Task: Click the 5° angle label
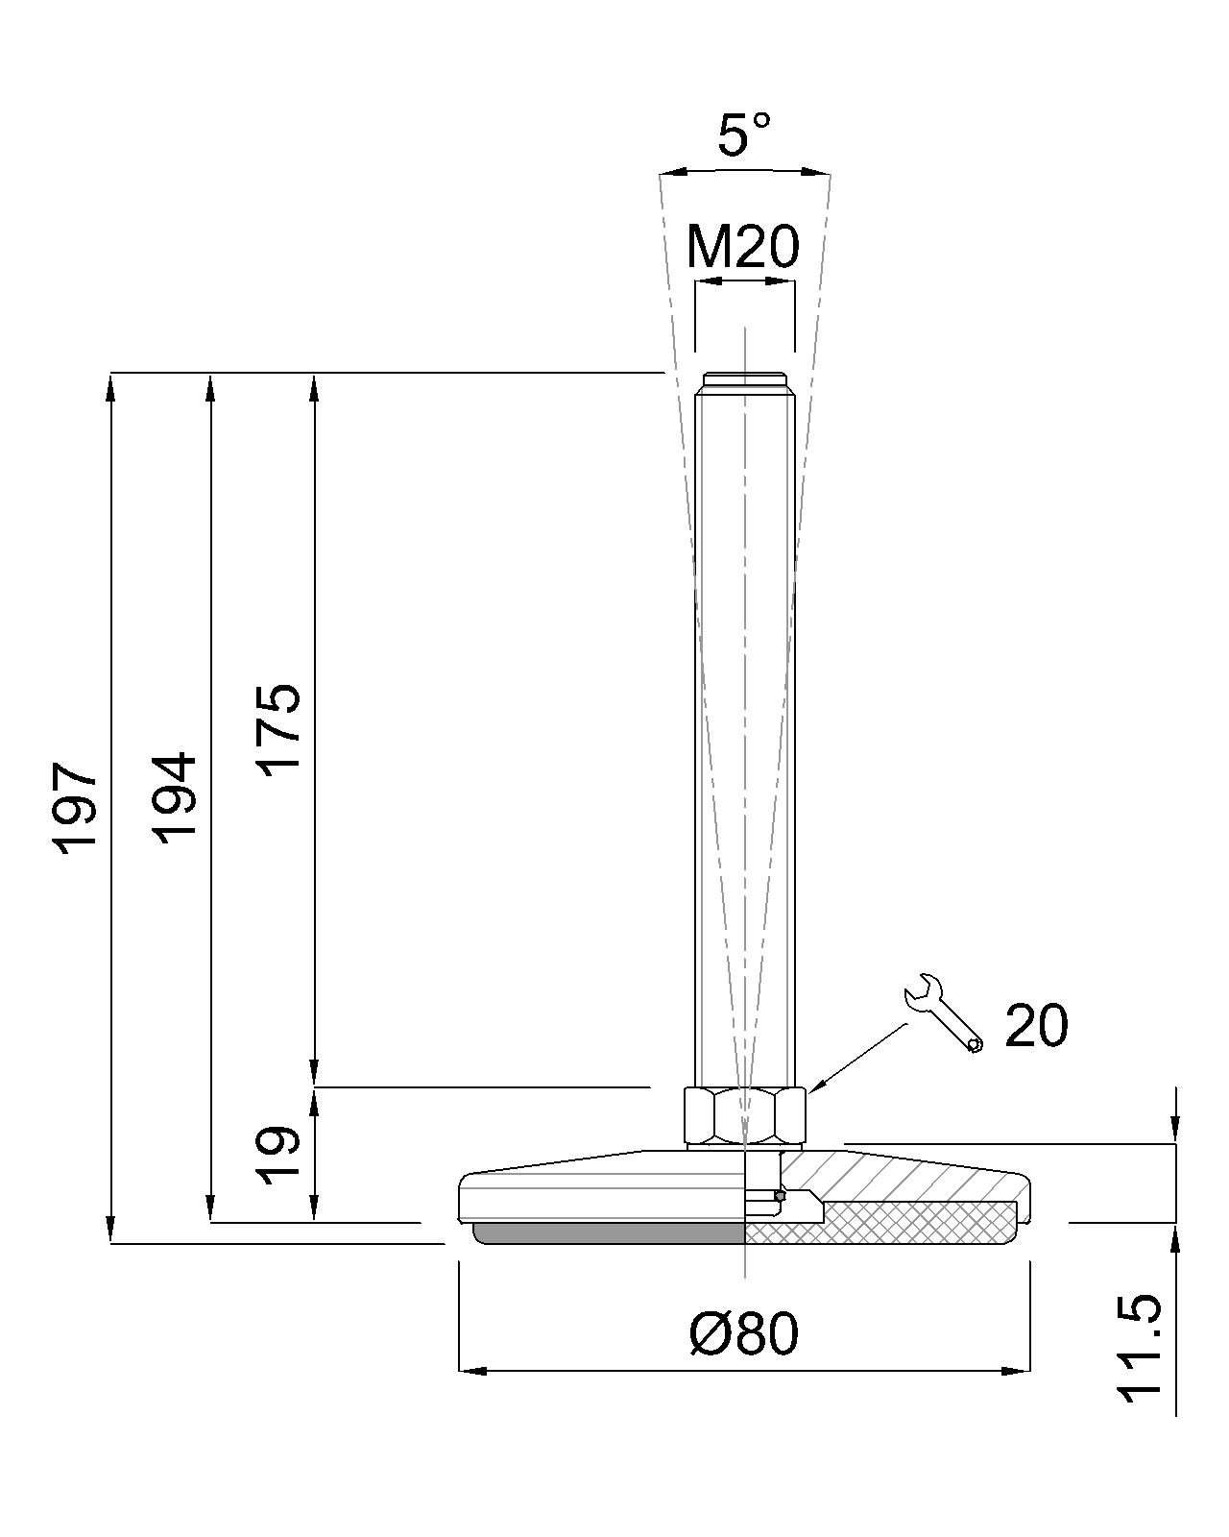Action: tap(744, 134)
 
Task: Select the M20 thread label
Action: tap(743, 247)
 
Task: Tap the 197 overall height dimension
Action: tap(74, 808)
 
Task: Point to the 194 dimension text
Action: tap(174, 797)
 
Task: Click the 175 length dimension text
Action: tap(278, 730)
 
